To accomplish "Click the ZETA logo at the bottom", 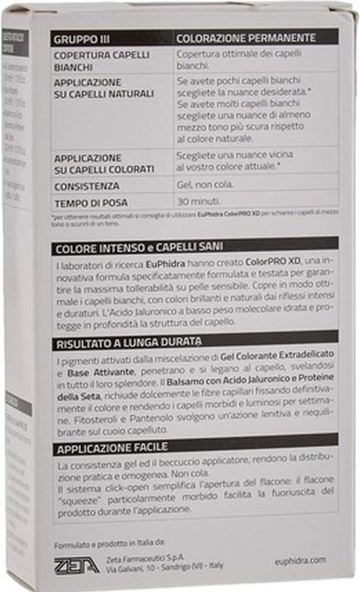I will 76,564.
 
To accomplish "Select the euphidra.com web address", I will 302,561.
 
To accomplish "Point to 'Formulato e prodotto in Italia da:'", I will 109,543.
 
